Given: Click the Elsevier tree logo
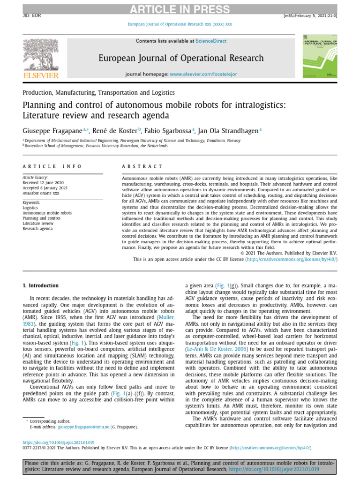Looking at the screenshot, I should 41,54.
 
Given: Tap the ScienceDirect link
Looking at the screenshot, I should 210,41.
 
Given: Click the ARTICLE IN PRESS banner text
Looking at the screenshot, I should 180,10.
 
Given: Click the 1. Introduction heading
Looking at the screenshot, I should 41,285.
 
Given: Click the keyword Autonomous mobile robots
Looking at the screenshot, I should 47,213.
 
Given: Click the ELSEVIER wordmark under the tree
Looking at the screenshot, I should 41,75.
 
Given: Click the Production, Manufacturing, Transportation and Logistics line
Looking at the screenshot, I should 98,93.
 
